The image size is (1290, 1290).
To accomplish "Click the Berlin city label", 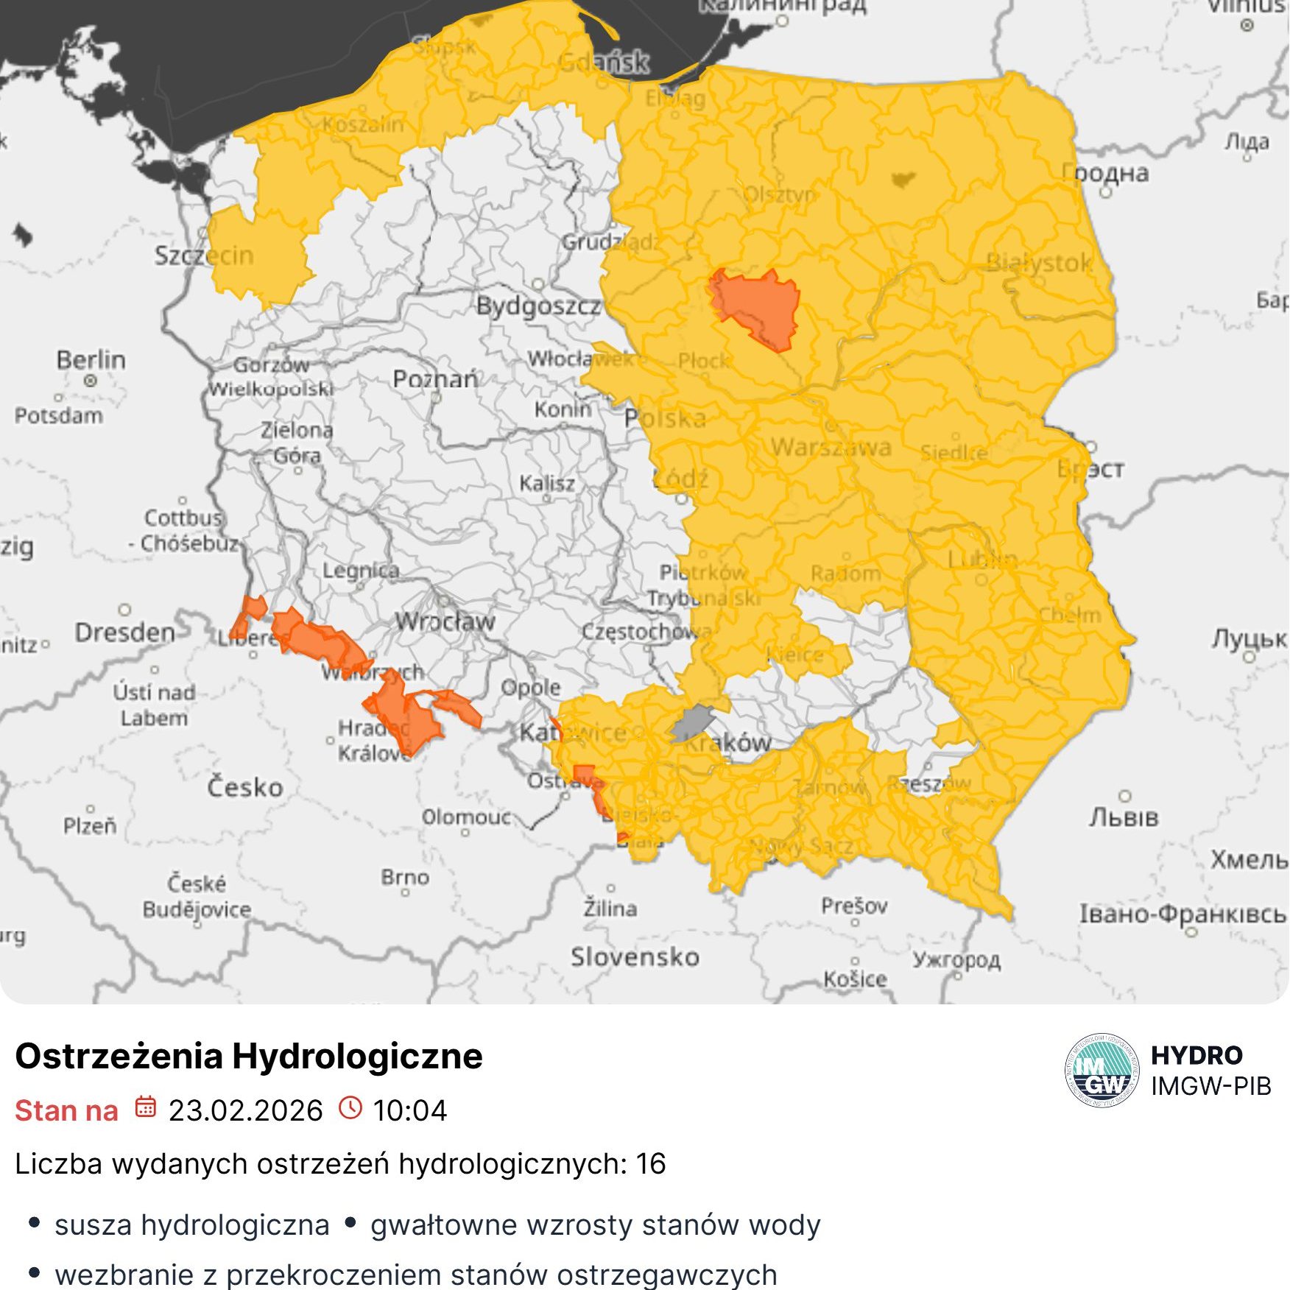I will (x=91, y=360).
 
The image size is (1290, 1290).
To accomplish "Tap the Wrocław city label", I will (x=445, y=621).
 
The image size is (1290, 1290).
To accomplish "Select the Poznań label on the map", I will (x=435, y=379).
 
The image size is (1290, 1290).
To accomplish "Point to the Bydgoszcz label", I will (x=538, y=306).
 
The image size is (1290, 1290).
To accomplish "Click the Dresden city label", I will (x=125, y=632).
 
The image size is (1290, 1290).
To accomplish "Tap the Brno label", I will (x=405, y=877).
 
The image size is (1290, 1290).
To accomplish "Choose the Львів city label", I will (x=1124, y=817).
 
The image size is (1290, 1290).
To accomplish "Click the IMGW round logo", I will (x=1102, y=1071).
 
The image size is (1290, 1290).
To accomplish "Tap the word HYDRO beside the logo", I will (x=1196, y=1055).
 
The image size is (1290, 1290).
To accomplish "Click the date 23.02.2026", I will (x=245, y=1110).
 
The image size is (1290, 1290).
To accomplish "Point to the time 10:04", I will (x=409, y=1110).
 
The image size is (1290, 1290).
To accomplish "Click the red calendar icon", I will (x=146, y=1107).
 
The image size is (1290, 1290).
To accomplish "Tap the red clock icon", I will (x=350, y=1107).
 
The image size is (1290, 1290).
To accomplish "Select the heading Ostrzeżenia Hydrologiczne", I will (x=249, y=1056).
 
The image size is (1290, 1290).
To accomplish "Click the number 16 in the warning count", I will (x=650, y=1164).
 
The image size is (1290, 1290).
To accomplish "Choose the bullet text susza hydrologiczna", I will (x=191, y=1225).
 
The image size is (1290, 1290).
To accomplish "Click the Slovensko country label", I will (x=635, y=956).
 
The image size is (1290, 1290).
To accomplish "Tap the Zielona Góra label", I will (x=297, y=442).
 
